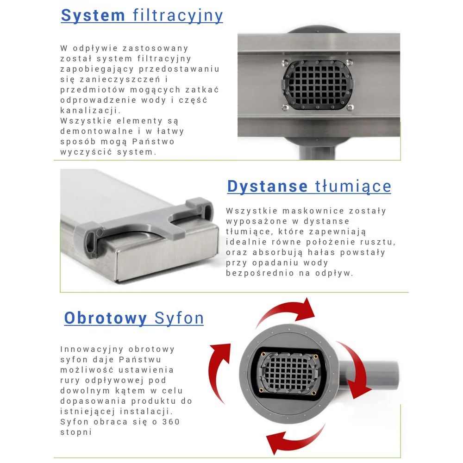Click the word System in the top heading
tap(93, 15)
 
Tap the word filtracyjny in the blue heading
tap(178, 15)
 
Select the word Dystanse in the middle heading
tap(267, 186)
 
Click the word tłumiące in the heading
tap(353, 187)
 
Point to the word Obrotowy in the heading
tap(106, 318)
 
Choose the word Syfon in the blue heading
tap(179, 319)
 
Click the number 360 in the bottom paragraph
tap(171, 422)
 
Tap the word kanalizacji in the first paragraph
tap(89, 111)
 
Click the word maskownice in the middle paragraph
tap(313, 211)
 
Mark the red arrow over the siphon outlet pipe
tap(356, 369)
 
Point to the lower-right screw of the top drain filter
tap(350, 107)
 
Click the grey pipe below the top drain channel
tap(317, 152)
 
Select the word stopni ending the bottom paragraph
tap(76, 432)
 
